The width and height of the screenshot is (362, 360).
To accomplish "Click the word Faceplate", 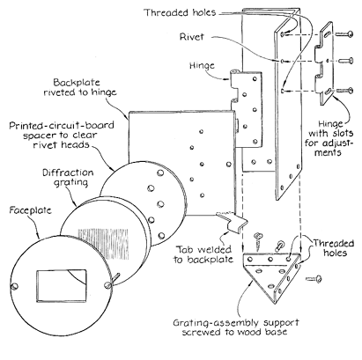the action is tap(31, 210).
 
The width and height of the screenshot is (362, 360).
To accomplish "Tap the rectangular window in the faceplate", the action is tap(62, 286).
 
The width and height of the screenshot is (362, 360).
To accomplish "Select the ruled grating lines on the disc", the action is tap(103, 244).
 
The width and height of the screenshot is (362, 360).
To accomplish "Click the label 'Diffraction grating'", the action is tap(68, 177).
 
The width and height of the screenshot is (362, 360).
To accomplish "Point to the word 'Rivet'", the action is tap(192, 37).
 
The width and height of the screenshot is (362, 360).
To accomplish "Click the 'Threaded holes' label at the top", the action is tap(180, 12).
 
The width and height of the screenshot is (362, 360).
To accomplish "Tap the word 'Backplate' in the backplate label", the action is tap(77, 82).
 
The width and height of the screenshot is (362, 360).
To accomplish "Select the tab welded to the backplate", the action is tap(233, 221).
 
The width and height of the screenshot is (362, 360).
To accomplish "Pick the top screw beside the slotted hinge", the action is tap(344, 34).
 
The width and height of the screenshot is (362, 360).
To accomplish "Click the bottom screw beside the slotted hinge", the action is tap(344, 91).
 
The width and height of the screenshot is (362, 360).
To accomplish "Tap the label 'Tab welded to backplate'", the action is tap(203, 254).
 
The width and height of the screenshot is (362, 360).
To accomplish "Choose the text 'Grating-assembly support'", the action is tap(236, 323).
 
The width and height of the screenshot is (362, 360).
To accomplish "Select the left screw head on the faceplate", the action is tap(14, 286).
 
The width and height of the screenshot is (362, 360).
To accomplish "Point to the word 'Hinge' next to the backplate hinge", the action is tap(202, 65).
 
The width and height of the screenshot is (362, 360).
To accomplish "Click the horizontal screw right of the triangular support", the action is tap(314, 279).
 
